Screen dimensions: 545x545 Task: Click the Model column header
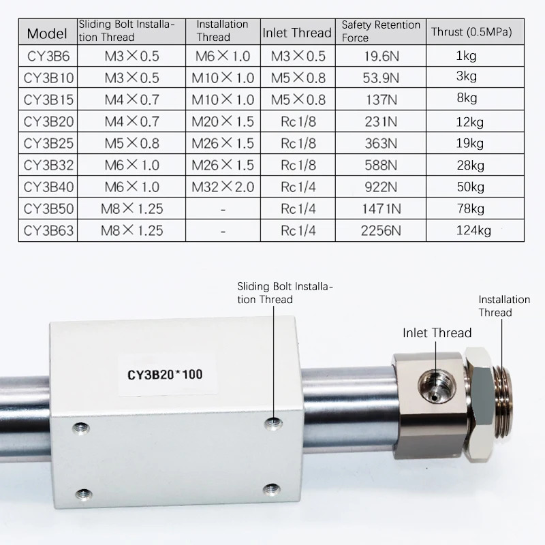coord(47,33)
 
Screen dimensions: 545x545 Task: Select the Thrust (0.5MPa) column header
coord(471,32)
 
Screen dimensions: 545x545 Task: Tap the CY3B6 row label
coord(48,56)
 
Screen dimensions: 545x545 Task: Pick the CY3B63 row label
coord(48,230)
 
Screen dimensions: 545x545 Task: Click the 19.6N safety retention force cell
coord(381,56)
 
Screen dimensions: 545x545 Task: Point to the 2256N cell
coord(381,230)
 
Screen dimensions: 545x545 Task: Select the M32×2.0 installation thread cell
coord(223,187)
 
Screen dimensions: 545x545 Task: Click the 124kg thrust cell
coord(473,230)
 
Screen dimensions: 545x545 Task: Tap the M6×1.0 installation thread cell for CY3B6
coord(223,56)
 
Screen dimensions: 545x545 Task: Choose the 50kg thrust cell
coord(471,187)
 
